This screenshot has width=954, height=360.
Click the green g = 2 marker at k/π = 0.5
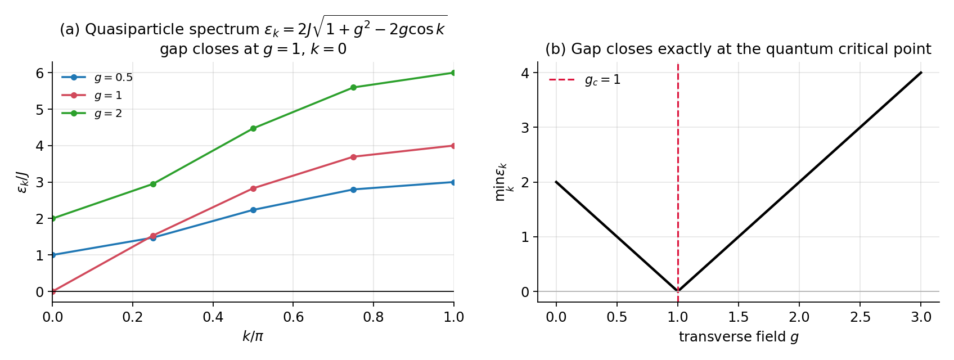253,128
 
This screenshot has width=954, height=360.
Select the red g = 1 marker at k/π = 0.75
353,157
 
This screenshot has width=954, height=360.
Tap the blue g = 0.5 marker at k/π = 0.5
253,210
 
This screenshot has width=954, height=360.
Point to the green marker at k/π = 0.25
154,184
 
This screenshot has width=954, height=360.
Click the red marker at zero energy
53,291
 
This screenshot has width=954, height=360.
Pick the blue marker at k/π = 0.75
353,190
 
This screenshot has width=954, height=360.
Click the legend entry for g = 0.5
97,78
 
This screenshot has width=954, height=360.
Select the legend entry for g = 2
92,113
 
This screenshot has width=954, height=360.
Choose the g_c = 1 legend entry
585,80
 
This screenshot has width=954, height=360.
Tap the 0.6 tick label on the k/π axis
293,317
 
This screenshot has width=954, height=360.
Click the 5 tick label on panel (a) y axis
40,110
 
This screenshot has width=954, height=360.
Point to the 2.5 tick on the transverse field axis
860,317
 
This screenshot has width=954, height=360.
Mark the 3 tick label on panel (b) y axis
525,127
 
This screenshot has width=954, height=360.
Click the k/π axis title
253,336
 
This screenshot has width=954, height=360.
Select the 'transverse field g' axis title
739,336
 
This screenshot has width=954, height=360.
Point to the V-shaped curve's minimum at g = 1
678,291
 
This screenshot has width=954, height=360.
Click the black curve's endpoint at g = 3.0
921,73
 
